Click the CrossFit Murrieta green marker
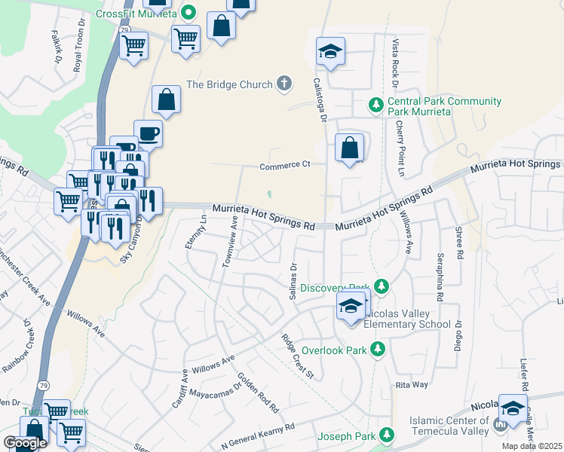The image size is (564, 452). [x=189, y=14]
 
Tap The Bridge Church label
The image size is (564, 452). [x=228, y=84]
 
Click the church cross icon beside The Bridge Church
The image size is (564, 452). [x=284, y=84]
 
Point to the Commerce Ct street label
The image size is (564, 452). [x=285, y=166]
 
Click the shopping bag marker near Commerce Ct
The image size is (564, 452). [x=349, y=148]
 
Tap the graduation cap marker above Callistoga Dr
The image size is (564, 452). [x=330, y=52]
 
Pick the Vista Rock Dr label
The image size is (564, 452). [x=395, y=63]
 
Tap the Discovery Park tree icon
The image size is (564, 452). [x=382, y=286]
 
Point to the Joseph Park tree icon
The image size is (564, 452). [x=387, y=435]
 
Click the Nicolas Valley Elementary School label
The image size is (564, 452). [x=407, y=319]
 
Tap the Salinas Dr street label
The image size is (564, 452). [x=294, y=280]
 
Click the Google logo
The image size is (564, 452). [x=26, y=443]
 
